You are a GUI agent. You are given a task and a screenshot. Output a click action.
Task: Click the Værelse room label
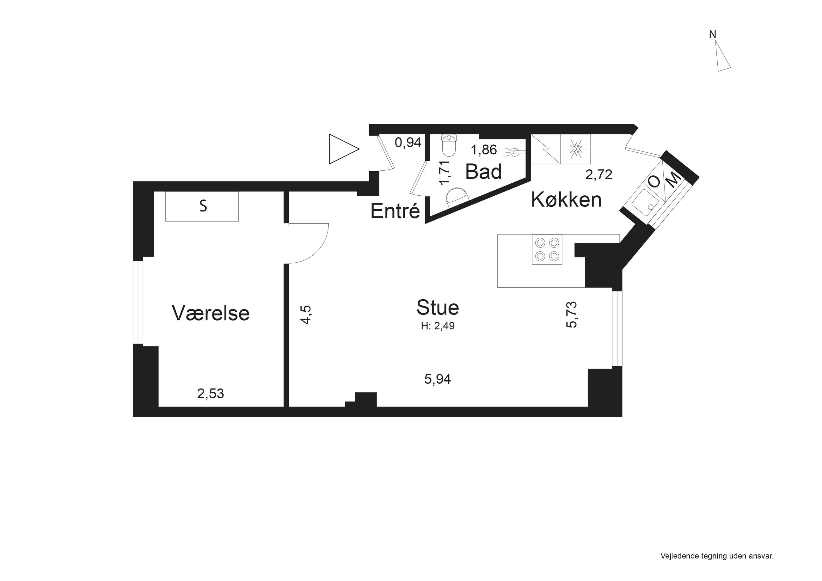pos(211,313)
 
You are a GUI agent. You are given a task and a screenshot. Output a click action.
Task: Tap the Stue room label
pos(438,308)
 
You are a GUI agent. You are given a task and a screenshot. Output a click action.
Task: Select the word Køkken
pos(566,199)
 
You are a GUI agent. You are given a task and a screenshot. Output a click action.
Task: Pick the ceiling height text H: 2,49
pos(438,326)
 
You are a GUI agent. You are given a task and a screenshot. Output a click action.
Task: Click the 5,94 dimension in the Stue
pos(438,379)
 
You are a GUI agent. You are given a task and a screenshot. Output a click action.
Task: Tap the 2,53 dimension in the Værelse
pos(211,394)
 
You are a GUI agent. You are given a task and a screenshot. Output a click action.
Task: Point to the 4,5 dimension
pos(306,315)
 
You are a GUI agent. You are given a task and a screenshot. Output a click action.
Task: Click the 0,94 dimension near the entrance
pos(408,143)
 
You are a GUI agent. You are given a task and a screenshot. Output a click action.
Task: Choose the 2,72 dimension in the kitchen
pos(598,175)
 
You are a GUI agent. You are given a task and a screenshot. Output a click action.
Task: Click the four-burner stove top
pos(547,249)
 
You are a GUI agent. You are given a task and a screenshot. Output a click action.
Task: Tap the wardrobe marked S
pos(202,206)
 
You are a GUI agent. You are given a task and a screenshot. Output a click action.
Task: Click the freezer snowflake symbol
pos(575,149)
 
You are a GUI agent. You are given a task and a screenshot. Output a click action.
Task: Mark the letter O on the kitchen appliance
pos(654,182)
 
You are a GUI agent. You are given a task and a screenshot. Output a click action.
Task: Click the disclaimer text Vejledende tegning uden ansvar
pos(717,556)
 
